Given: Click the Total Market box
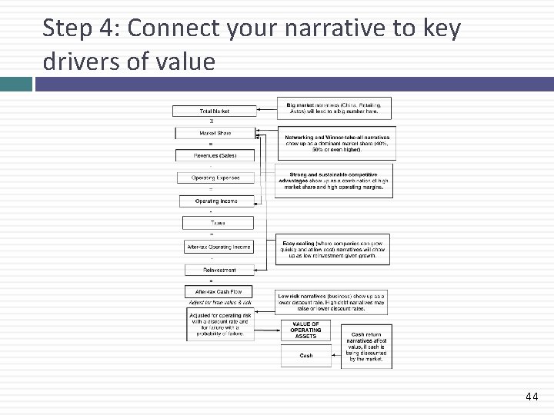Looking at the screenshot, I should [x=214, y=111].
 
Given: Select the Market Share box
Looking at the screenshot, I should [x=214, y=133].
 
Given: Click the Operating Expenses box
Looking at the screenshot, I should [x=215, y=178].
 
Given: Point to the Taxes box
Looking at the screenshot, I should [x=218, y=223].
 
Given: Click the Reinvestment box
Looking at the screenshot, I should [x=219, y=270].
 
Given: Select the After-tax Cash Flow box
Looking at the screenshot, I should [x=219, y=292].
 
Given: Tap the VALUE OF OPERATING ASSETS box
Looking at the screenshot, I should [x=305, y=330].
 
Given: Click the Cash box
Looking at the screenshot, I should [x=305, y=356].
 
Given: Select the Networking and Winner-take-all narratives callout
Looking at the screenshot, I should [x=337, y=143].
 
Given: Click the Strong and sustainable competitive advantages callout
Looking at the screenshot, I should [x=335, y=181].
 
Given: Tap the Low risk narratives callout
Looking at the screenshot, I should [x=332, y=301].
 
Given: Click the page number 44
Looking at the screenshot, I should [x=531, y=397].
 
